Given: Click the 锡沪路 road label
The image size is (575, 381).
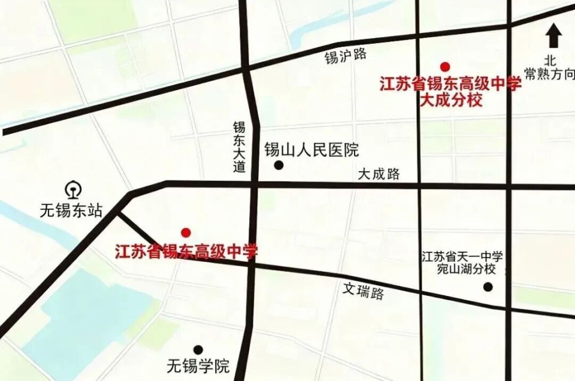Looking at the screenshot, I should tap(346, 56).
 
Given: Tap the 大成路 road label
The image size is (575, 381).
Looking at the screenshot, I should tap(379, 174).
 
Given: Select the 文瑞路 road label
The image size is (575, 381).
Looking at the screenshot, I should tap(364, 291).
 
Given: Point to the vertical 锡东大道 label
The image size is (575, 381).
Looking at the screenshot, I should tap(240, 147).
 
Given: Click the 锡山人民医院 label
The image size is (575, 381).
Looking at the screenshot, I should tap(311, 150).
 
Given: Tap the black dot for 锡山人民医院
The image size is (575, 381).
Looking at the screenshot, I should tap(279, 165).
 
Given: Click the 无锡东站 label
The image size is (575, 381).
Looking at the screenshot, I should tap(71, 211).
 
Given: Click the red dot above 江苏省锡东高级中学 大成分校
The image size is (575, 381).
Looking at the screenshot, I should tap(444, 66).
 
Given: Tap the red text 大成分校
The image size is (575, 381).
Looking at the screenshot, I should tap(450, 100).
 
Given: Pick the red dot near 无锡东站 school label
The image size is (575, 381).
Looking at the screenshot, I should tap(186, 232).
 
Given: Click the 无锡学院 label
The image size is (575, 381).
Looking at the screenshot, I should tap(198, 365).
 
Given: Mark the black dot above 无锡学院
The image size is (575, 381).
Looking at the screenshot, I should tap(198, 350).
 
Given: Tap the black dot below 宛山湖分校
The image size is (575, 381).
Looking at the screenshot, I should tap(488, 287).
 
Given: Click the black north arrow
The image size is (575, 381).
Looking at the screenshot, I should tap(553, 36).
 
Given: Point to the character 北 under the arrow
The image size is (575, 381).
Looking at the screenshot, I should tap(550, 61).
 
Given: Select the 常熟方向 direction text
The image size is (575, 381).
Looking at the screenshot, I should tap(549, 74).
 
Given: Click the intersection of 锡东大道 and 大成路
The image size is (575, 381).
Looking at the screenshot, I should tap(254, 185).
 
